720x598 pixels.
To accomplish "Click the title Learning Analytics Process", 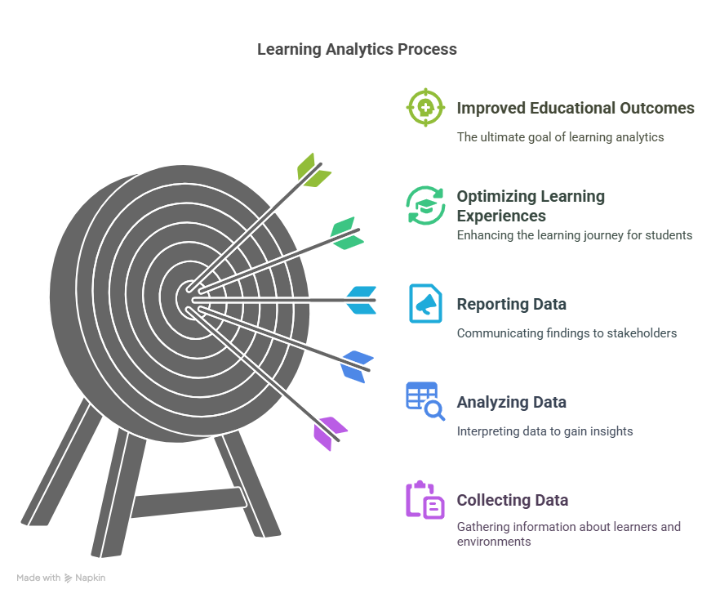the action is (x=357, y=49).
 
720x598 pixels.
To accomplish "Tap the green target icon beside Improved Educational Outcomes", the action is (x=425, y=108).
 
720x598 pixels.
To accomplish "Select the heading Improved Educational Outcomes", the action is (x=576, y=108).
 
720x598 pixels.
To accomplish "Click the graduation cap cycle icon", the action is (x=425, y=206).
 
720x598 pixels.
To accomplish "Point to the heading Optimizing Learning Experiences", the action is (x=531, y=206).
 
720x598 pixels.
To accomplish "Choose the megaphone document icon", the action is (x=425, y=303).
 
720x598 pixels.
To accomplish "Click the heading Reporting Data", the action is (x=512, y=304).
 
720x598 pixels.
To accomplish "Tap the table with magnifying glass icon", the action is (x=425, y=401).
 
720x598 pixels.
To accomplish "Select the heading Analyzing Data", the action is (x=512, y=402).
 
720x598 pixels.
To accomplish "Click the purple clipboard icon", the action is (x=425, y=500).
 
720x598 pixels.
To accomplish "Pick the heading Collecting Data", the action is (x=513, y=500).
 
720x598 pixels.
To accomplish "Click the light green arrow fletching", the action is (x=314, y=170).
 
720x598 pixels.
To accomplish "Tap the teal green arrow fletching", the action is (x=347, y=233).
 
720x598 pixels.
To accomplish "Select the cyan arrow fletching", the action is (x=362, y=300).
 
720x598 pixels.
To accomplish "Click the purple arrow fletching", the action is (x=331, y=434).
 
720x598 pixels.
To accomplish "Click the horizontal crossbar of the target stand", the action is (x=189, y=502).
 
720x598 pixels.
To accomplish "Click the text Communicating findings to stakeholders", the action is (x=567, y=332).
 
